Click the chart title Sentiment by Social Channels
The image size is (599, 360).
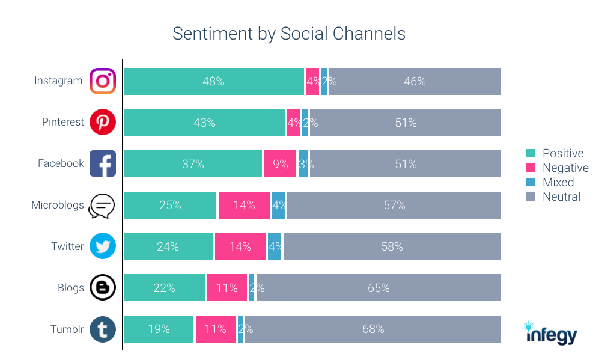(288, 34)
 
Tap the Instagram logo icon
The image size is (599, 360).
(103, 81)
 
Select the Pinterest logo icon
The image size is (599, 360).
(103, 123)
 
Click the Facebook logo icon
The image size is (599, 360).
(103, 163)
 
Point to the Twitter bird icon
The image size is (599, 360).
(103, 246)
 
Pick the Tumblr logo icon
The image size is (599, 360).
(103, 329)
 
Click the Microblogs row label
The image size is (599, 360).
(58, 205)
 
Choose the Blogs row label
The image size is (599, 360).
(70, 288)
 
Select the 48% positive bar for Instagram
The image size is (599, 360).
(213, 81)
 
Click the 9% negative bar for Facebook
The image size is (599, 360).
(280, 163)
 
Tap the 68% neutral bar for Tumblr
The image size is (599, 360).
(372, 329)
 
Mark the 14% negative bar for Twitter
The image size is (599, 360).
(240, 246)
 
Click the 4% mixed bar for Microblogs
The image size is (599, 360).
(278, 205)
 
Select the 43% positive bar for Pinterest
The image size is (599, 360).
(204, 123)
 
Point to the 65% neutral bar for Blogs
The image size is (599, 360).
(379, 288)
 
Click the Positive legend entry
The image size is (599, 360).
(556, 153)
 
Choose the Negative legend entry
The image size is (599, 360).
(557, 168)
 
